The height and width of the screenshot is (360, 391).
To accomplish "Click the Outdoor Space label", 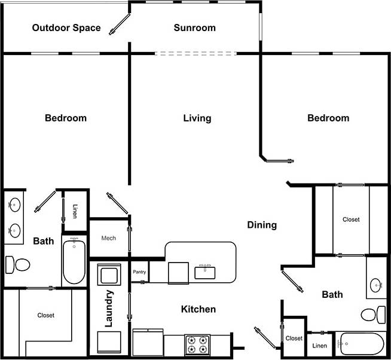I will (x=66, y=28).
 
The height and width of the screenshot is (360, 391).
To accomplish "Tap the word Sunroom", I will (x=194, y=28).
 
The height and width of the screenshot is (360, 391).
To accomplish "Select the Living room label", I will (x=197, y=118).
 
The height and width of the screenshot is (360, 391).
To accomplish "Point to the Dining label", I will (x=262, y=225).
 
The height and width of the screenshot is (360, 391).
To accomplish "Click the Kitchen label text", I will (x=198, y=309).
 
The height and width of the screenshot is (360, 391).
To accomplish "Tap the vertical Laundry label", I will (x=109, y=309).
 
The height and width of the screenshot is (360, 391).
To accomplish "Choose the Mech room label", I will (x=108, y=238).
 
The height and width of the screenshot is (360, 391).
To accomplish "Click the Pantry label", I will (x=139, y=272).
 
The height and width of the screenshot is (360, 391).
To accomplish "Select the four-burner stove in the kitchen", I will (x=197, y=345).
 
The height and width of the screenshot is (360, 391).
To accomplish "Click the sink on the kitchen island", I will (x=206, y=271).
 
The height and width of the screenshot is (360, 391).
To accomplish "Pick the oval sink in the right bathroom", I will (x=377, y=285).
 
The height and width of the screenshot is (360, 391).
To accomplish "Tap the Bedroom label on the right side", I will (x=328, y=118).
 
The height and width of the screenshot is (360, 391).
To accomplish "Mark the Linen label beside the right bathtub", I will (x=319, y=346).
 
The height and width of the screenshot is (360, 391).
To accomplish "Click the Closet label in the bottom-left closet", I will (x=45, y=315).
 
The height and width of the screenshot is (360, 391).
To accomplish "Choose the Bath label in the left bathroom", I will (x=43, y=242).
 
